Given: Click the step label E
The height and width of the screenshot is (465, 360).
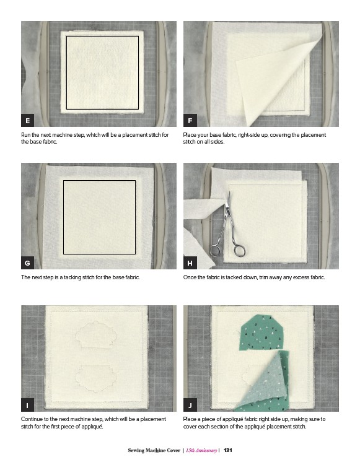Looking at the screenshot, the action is [x=27, y=120].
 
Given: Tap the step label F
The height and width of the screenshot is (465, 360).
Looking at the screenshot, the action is [x=190, y=120].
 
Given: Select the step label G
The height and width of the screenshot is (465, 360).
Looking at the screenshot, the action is [x=27, y=263].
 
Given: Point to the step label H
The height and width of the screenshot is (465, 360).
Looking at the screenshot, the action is [x=190, y=263].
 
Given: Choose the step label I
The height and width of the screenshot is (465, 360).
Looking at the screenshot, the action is [x=27, y=405].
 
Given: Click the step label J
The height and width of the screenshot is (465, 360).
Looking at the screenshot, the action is [x=190, y=405].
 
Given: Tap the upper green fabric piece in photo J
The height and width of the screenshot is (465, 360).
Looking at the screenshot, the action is [x=262, y=332].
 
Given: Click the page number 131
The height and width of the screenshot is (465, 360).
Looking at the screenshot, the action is [x=227, y=450].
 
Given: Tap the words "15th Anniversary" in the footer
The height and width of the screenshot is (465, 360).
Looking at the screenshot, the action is [x=201, y=450].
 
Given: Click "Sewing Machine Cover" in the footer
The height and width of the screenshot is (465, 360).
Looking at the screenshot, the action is [x=154, y=450].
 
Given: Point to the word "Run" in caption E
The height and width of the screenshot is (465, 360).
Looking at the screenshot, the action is [x=25, y=135].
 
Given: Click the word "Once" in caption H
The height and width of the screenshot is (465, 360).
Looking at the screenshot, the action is [x=190, y=277].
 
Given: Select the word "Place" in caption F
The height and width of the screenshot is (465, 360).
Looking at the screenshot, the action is [x=190, y=135].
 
